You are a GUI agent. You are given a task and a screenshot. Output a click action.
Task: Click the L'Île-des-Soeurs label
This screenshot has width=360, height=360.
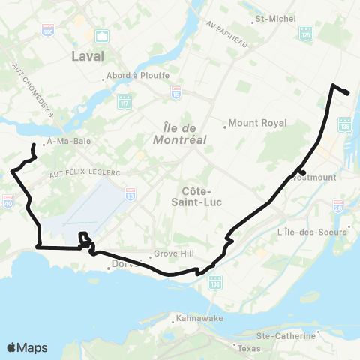point(313,232)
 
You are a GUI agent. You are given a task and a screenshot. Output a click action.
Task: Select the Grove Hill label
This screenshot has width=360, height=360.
point(173,253)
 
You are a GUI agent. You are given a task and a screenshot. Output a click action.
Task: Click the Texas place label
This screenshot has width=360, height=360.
point(247,349)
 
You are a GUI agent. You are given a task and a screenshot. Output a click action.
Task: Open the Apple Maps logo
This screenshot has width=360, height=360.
point(27,347)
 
